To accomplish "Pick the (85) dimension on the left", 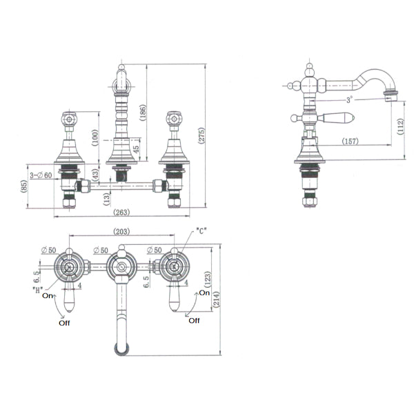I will [25, 186].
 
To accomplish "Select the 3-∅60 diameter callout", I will [42, 175].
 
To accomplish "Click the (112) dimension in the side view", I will [401, 126].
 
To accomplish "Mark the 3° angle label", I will [350, 99].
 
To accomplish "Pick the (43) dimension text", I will [95, 176].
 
